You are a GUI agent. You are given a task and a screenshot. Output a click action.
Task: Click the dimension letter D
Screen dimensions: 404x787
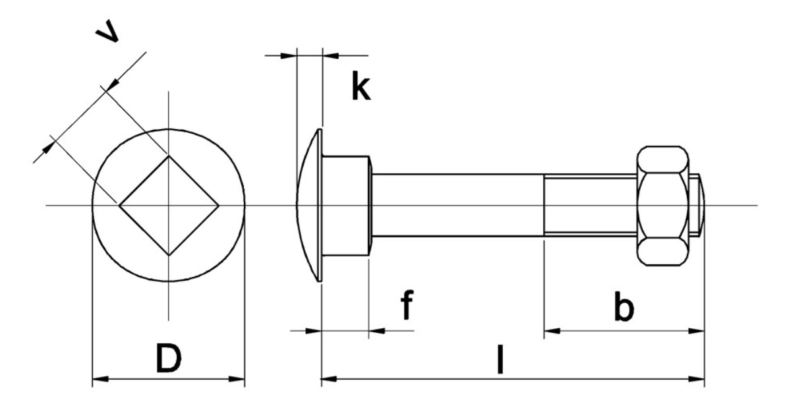[x=168, y=358]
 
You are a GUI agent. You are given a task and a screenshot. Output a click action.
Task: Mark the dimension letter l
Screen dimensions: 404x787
[x=502, y=359]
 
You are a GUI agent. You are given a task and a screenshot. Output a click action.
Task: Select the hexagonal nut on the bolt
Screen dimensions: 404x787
[x=664, y=206]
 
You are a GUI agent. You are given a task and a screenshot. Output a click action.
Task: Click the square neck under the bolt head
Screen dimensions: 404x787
[x=346, y=206]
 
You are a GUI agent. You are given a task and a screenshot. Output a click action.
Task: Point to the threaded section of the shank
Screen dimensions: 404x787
[x=590, y=206]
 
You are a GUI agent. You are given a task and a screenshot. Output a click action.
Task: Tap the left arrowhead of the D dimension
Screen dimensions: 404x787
[x=99, y=379]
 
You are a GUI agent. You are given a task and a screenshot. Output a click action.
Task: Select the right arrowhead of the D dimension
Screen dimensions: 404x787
[x=238, y=379]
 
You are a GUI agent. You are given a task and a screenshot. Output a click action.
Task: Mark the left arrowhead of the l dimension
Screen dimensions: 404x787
[x=328, y=380]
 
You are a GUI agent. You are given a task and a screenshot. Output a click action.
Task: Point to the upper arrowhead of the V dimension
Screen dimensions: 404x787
[x=112, y=82]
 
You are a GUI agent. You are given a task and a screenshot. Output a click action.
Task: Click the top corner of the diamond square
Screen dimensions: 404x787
[x=169, y=156]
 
